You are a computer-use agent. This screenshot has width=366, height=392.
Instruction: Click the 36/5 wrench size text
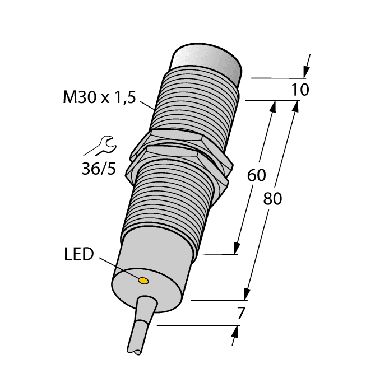(x=99, y=168)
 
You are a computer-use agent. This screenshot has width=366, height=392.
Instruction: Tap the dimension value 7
(x=241, y=314)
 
